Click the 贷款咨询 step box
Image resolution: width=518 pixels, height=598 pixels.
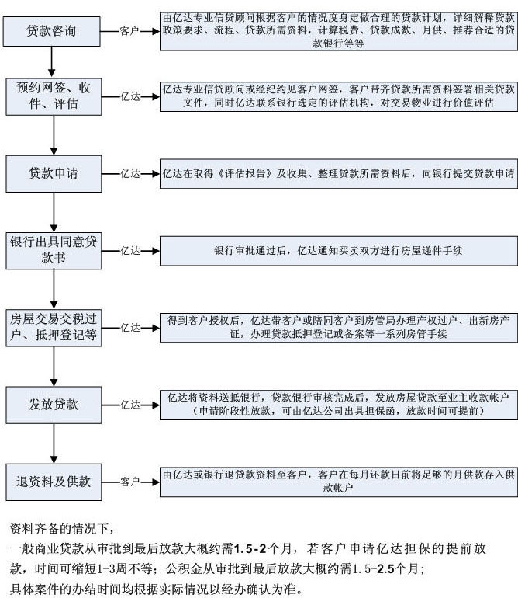click(x=52, y=31)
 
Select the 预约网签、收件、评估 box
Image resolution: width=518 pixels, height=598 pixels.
click(x=54, y=96)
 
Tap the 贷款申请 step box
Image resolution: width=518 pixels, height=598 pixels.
click(x=54, y=173)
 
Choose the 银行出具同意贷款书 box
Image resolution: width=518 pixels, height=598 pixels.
click(x=54, y=251)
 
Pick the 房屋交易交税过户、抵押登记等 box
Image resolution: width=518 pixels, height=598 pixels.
click(x=54, y=328)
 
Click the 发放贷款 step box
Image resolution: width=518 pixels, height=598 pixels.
click(x=54, y=405)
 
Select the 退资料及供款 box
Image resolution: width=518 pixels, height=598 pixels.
click(x=54, y=482)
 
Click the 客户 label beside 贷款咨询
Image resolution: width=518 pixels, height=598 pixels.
click(x=129, y=31)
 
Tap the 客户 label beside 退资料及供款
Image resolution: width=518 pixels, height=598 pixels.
click(x=130, y=482)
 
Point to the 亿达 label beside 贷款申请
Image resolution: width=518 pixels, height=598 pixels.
click(x=130, y=173)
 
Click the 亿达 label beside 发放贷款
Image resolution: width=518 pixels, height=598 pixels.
click(x=130, y=405)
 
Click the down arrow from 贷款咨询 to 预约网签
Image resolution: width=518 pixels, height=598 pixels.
click(x=52, y=62)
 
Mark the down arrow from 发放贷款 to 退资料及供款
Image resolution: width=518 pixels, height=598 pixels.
click(x=54, y=443)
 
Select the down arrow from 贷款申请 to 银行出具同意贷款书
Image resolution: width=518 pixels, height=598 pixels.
click(x=54, y=212)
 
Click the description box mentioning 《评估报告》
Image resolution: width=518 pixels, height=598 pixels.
click(x=339, y=173)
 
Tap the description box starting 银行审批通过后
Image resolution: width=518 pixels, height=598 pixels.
click(x=339, y=251)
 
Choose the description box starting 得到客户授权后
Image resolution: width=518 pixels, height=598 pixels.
click(x=339, y=328)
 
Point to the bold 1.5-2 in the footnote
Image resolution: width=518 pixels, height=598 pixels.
click(x=250, y=549)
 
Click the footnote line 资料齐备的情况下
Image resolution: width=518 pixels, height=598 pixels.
click(x=62, y=529)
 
